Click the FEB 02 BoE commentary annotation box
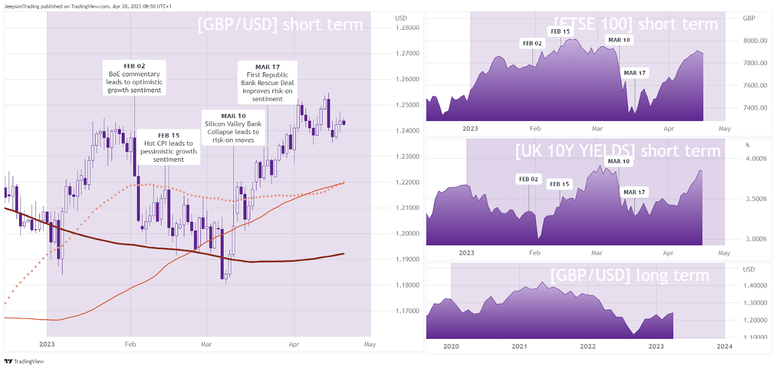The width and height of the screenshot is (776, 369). (x=134, y=78)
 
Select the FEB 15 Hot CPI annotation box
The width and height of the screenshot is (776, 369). (x=168, y=148)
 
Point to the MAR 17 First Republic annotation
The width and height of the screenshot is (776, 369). (x=268, y=82)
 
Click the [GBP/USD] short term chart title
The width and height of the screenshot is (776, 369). (x=280, y=24)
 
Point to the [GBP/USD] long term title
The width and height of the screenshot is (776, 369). (x=629, y=275)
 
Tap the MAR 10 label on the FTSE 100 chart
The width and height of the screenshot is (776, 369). (x=619, y=39)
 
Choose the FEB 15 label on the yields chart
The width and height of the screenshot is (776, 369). (x=560, y=184)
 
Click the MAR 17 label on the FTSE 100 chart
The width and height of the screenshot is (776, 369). (x=635, y=73)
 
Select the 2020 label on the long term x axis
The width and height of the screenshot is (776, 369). (x=451, y=346)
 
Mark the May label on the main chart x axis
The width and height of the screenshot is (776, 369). (x=370, y=344)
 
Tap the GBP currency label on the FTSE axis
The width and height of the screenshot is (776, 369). (x=748, y=18)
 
